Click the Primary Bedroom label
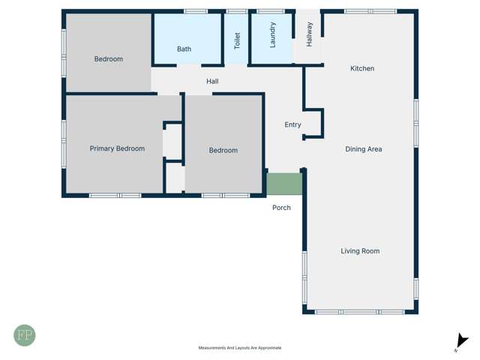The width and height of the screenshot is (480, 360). point(117,148)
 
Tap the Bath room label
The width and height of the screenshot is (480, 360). point(184,49)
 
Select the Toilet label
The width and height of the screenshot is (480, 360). point(238,40)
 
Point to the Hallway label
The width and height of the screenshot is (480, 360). point(309,34)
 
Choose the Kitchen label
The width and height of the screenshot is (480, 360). point(362,69)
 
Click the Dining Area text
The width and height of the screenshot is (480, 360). point(364,149)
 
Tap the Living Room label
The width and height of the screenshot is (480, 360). point(360,251)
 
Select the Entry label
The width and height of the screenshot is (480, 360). point(292,125)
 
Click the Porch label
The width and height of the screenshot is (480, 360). point(281,208)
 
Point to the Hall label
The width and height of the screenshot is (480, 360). point(213,81)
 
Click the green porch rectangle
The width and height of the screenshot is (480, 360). point(284,184)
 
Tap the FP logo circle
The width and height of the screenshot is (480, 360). point(24,335)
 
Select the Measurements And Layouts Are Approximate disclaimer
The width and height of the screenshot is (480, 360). point(240,348)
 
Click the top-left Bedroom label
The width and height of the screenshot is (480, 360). point(109,59)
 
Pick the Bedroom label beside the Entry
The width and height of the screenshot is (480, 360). point(223,151)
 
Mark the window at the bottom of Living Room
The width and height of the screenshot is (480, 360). point(359,312)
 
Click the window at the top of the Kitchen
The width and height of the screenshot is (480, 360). point(370,11)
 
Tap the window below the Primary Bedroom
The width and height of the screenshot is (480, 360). point(115,196)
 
